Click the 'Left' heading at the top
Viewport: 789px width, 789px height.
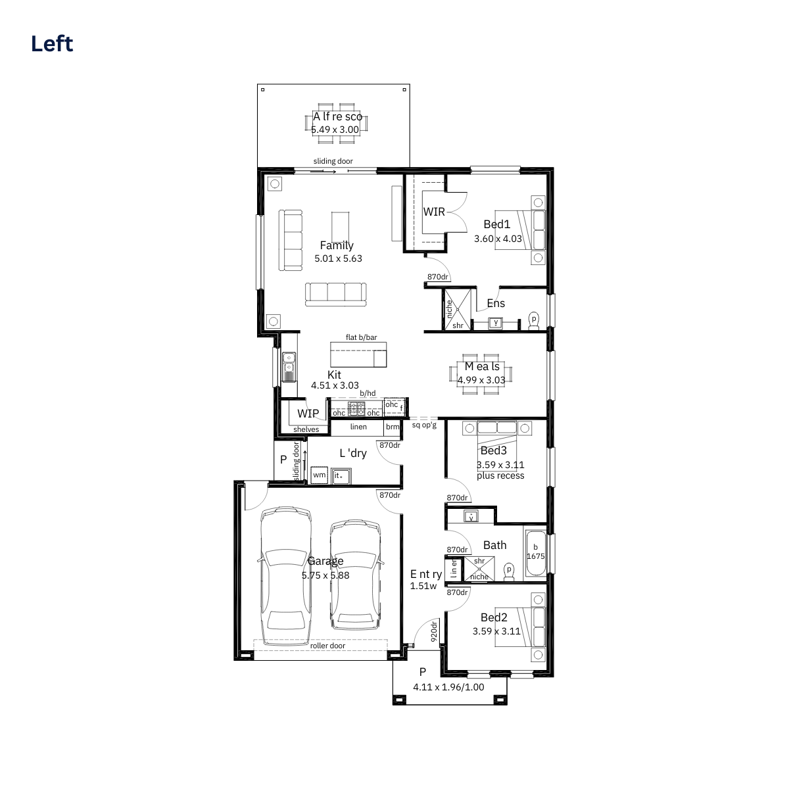click(x=52, y=44)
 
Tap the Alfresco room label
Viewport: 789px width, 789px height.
click(x=337, y=116)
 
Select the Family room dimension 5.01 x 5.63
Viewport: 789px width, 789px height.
click(x=338, y=258)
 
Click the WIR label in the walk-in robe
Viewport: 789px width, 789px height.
click(x=434, y=212)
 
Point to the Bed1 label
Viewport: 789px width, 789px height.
click(x=497, y=224)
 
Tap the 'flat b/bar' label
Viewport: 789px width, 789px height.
click(x=361, y=337)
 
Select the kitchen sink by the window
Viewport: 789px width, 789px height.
click(x=289, y=367)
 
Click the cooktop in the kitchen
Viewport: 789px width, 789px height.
click(x=356, y=408)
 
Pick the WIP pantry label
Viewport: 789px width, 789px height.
click(x=308, y=414)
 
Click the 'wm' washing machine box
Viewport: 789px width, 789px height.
click(x=320, y=475)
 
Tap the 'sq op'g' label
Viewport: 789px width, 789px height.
click(x=424, y=425)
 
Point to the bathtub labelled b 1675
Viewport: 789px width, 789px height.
click(x=536, y=553)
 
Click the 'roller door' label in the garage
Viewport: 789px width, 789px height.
click(x=327, y=646)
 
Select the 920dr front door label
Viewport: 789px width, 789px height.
click(x=434, y=631)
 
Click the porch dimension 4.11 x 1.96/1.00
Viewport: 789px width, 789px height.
click(x=448, y=687)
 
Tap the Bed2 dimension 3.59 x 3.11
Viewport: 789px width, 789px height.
click(x=496, y=631)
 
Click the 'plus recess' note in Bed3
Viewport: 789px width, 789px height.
click(x=500, y=476)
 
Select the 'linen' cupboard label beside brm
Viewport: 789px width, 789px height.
click(x=358, y=427)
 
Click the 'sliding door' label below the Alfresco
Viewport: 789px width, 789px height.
click(x=333, y=161)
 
